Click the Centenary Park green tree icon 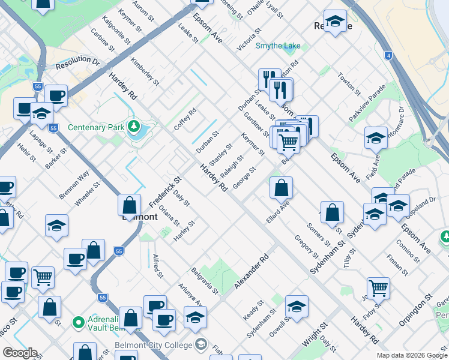[x=135, y=127]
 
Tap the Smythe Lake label [x=277, y=46]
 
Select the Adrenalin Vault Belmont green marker [x=78, y=323]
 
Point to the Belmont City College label [x=153, y=345]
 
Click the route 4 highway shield [x=388, y=56]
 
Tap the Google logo [x=20, y=353]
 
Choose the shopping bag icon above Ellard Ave [x=281, y=188]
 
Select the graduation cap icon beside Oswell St [x=297, y=307]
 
